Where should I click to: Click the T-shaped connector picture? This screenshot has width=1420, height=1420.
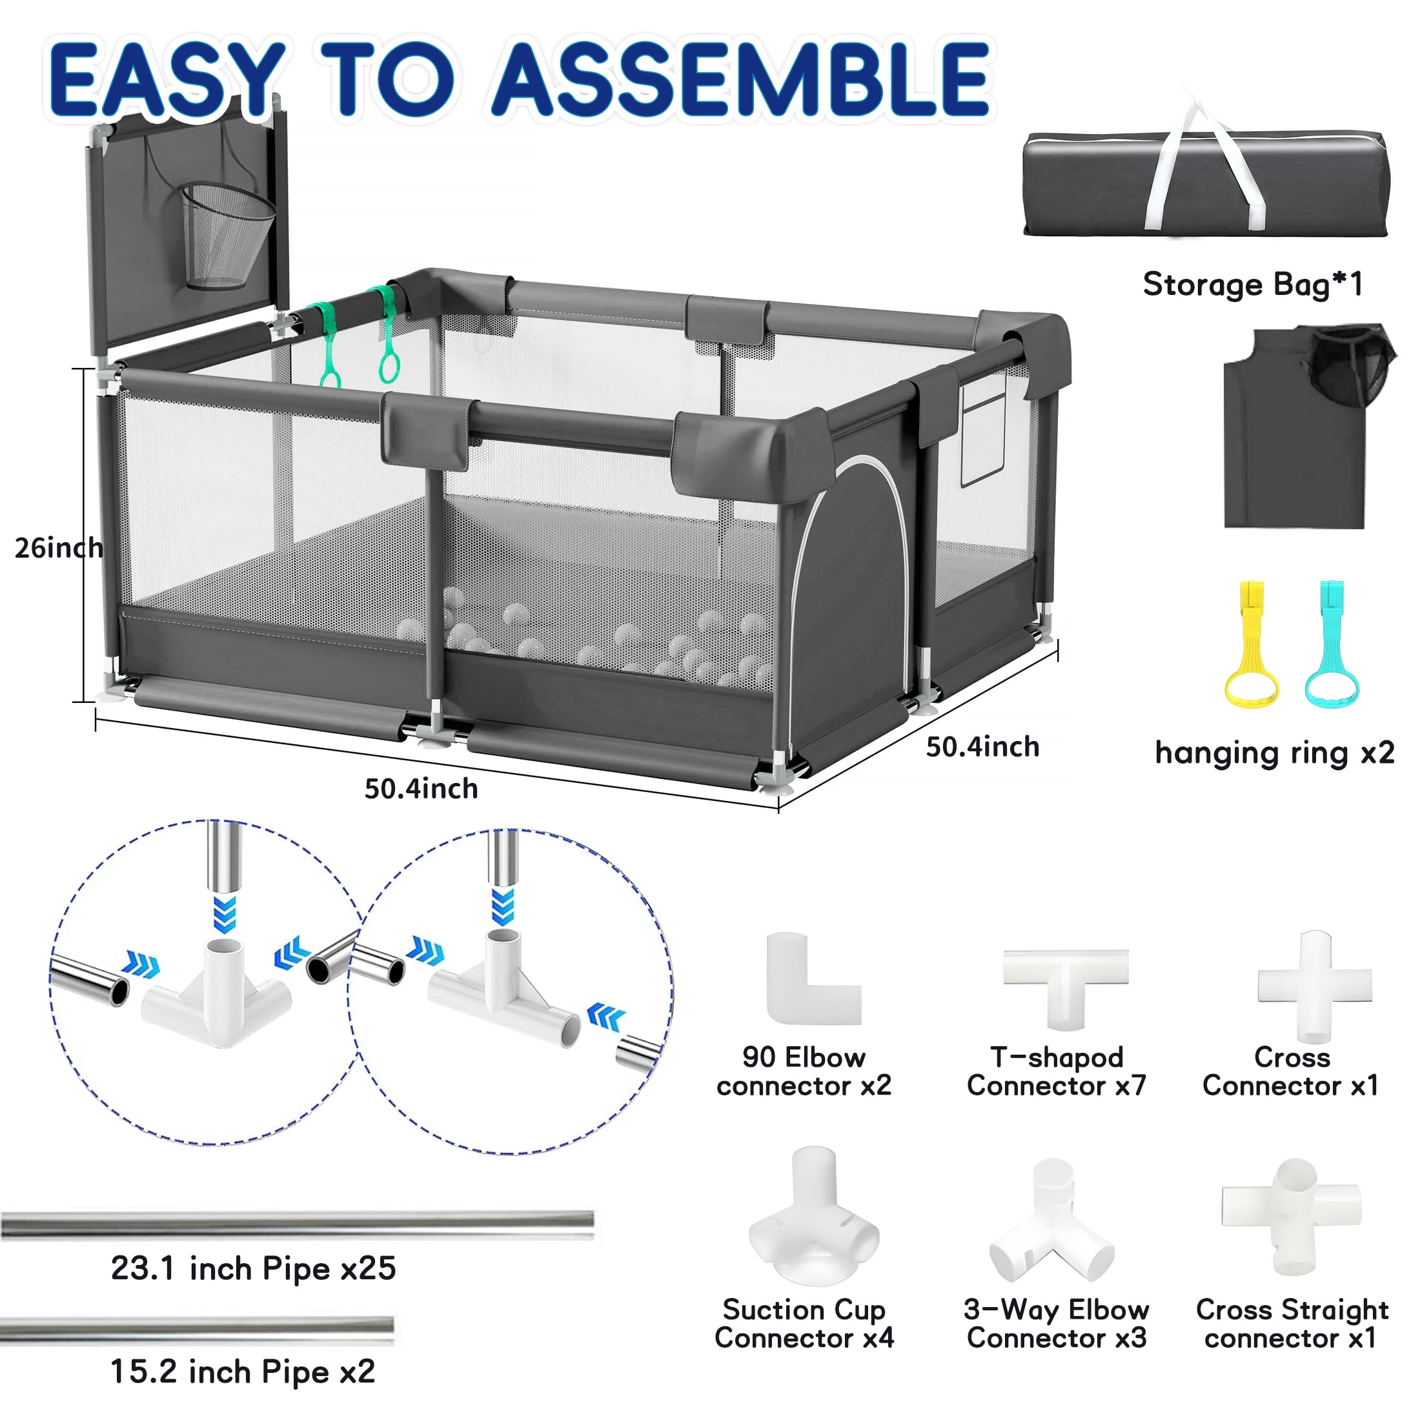(x=1066, y=969)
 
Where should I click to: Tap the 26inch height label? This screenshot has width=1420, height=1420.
(x=59, y=548)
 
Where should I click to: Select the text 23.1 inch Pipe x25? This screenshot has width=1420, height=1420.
(x=254, y=1268)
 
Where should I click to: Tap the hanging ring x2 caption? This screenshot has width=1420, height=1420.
(x=1275, y=753)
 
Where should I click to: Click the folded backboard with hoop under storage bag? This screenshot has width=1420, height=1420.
(x=1308, y=426)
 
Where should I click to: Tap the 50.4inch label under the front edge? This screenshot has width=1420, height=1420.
(x=421, y=789)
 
